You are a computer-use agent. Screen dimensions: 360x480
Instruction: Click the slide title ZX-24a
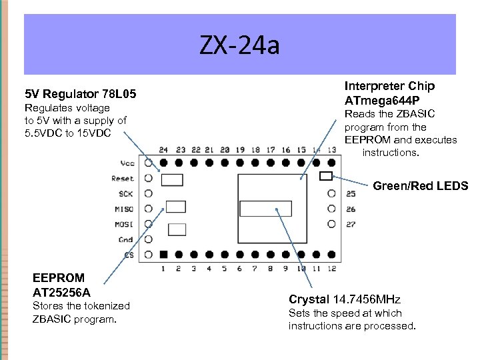[239, 46]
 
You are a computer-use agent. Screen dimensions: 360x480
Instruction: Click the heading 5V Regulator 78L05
[80, 95]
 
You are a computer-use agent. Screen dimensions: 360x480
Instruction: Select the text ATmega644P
[381, 101]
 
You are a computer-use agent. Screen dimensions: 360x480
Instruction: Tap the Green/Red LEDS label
[420, 186]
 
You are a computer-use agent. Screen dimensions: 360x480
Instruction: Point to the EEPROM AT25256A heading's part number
[61, 292]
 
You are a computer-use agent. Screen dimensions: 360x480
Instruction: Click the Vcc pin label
[127, 163]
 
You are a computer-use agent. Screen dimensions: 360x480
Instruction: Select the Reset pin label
[123, 179]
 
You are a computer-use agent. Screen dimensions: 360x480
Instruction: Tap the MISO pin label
[124, 209]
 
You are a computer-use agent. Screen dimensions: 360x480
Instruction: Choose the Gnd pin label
[126, 239]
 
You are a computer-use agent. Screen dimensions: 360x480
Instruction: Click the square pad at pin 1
[163, 255]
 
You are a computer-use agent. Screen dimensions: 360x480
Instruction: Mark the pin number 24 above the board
[163, 150]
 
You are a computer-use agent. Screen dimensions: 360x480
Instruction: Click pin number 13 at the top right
[331, 150]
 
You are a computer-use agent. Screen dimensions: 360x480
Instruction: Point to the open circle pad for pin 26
[331, 209]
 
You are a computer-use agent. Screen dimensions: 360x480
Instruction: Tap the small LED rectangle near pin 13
[326, 176]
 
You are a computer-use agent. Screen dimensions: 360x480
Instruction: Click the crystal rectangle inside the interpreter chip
[265, 208]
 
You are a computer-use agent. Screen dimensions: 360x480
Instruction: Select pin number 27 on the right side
[351, 225]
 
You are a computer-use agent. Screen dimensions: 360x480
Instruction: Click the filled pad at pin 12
[331, 255]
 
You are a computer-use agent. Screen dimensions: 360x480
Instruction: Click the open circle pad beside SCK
[148, 193]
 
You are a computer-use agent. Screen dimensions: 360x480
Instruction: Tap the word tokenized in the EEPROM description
[106, 305]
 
